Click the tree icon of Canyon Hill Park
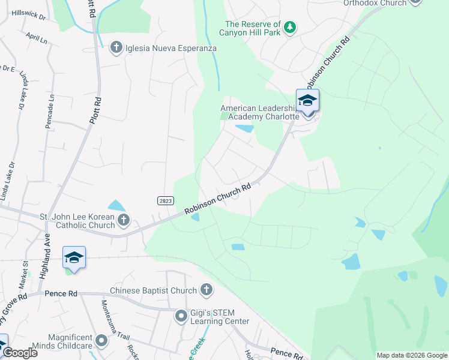coord(291,28)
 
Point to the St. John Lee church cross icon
coord(124,220)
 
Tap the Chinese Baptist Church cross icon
coord(206,290)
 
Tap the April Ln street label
coord(36,38)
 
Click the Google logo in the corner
coord(20,353)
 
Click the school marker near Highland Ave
coord(74,258)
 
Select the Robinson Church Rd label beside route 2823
coord(217,200)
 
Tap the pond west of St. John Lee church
coord(116,206)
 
